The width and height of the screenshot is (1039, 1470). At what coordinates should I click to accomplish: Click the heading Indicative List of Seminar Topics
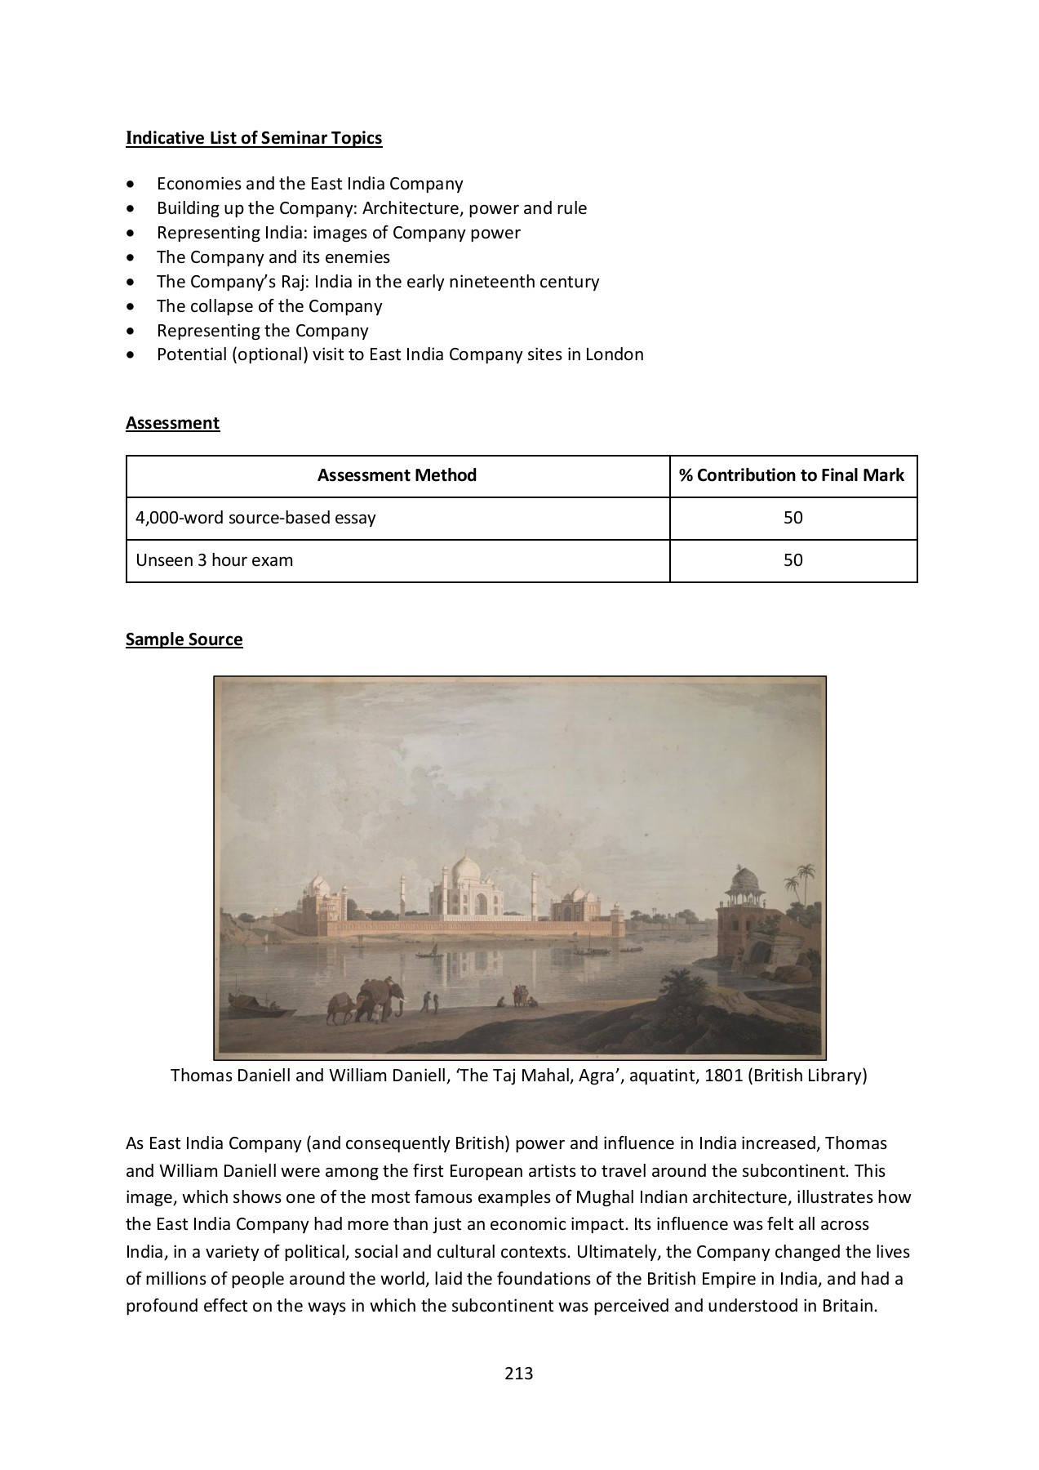pos(254,137)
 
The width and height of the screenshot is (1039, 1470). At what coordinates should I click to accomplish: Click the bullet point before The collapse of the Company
pos(132,307)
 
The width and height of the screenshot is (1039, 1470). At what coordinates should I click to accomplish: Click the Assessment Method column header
pos(397,475)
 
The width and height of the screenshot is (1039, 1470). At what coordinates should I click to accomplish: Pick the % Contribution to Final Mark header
pos(792,475)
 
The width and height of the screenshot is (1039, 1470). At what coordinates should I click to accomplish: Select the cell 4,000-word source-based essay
pos(255,518)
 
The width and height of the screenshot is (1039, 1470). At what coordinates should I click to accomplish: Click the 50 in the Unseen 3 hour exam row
pos(793,560)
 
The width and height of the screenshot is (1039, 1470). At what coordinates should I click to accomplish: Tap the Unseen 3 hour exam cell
pos(215,560)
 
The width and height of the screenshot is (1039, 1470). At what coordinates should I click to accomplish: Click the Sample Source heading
pos(184,639)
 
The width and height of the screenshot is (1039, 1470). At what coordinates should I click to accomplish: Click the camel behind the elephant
pos(340,1007)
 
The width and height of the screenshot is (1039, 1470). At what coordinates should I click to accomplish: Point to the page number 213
pos(518,1373)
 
